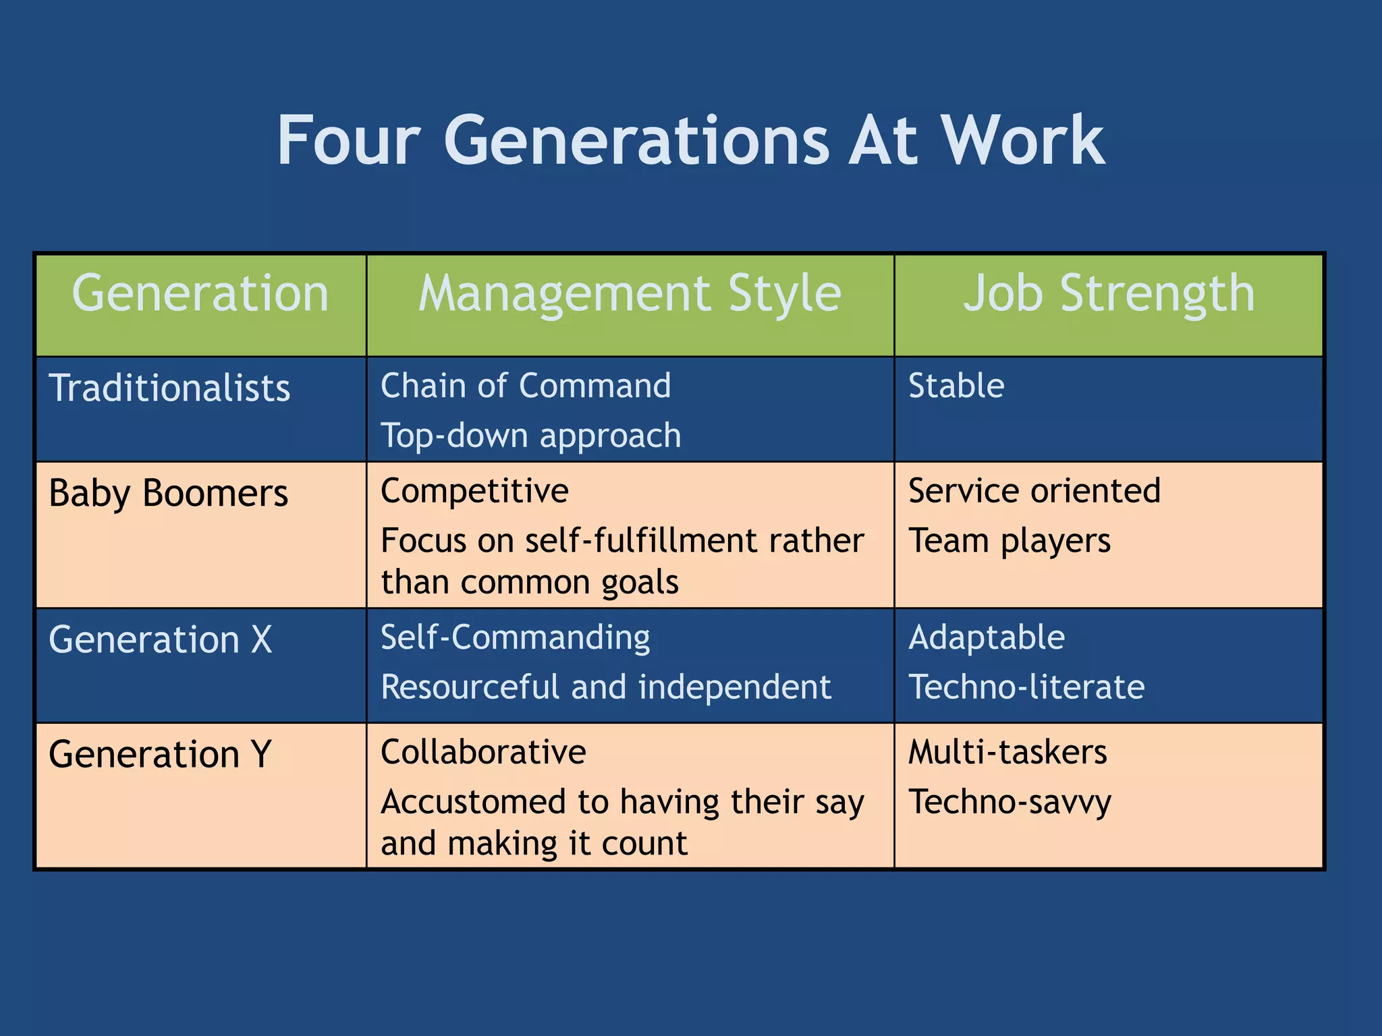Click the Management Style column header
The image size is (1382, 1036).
click(630, 295)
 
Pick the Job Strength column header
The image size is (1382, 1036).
click(1109, 295)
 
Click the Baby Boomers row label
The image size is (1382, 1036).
click(168, 493)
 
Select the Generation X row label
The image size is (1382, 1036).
click(160, 639)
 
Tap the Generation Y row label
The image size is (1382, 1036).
click(160, 753)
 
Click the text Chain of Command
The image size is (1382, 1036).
click(526, 386)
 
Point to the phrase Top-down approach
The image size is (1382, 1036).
click(530, 436)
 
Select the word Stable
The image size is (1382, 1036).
click(956, 386)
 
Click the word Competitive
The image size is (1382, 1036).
click(474, 491)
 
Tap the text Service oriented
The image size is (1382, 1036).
click(1034, 491)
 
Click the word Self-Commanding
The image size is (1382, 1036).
click(515, 637)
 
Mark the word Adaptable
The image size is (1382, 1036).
click(986, 637)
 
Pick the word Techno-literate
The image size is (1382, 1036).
click(1026, 687)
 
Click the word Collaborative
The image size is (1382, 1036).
click(483, 752)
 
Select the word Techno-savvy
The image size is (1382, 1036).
click(1009, 803)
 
